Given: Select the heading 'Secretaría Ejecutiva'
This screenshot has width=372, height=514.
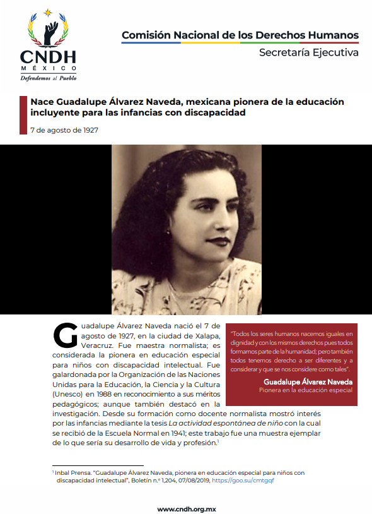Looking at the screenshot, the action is (309, 52).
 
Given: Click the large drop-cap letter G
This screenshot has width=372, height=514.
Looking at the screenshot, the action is (65, 335).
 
